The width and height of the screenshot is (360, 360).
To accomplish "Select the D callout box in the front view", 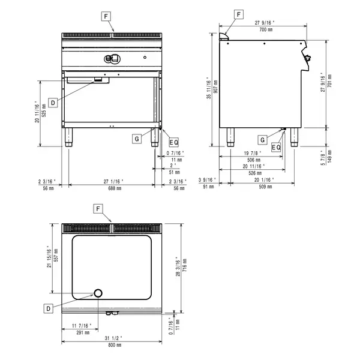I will coord(53,103).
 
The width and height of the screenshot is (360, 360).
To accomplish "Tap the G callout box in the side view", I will coord(263,139).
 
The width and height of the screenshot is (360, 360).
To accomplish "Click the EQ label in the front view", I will coord(173,142).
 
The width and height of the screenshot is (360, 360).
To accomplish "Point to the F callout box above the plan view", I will coord(98,208).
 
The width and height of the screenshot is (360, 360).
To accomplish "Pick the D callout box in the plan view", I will coord(48,307).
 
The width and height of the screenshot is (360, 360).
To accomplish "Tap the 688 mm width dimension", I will coord(112,188).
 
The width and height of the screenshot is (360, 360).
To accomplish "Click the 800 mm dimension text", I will coord(112,346).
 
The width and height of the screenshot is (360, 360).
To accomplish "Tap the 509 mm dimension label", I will coord(261,188).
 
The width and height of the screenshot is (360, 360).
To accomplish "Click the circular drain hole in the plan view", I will coord(98,293).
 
